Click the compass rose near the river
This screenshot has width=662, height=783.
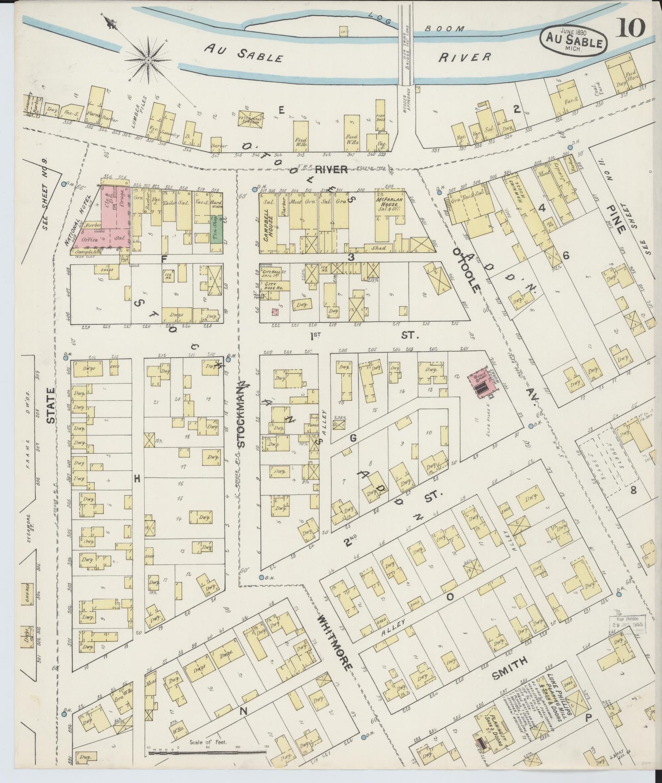pos(149,60)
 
